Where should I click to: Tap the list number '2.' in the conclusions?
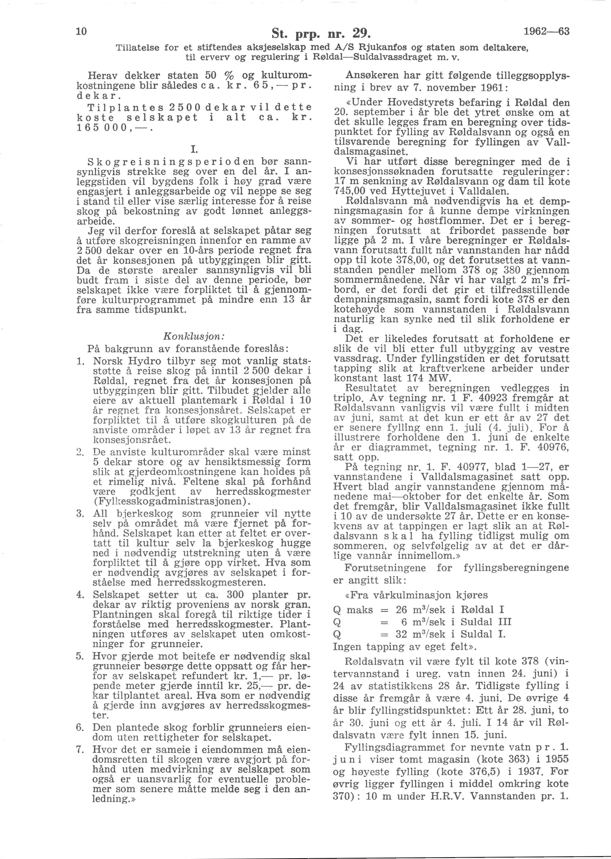(80, 452)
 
